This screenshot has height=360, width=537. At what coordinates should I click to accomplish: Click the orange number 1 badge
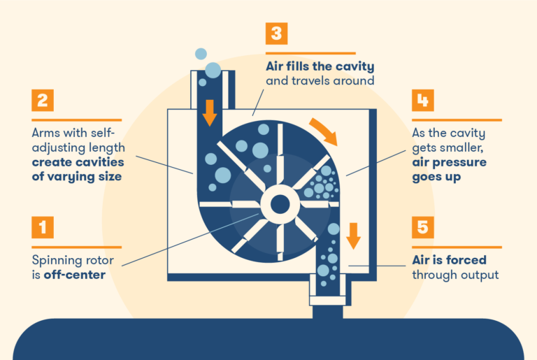pos(42,228)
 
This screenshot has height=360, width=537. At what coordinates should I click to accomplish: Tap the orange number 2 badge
pos(42,101)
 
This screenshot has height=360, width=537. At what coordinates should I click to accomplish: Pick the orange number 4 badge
pos(422,101)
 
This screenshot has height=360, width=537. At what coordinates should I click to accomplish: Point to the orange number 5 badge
pos(422,228)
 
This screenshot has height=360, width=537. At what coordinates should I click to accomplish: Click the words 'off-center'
pos(73,275)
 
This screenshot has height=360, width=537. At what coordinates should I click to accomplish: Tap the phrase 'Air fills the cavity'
pos(320,67)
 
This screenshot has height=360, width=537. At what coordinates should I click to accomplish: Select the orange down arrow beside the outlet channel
pos(354,236)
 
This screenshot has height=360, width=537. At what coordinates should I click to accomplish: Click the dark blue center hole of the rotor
pos(280,205)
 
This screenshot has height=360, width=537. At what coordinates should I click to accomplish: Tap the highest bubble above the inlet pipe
pos(201,53)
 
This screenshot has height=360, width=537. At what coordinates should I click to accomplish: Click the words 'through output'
pos(455,275)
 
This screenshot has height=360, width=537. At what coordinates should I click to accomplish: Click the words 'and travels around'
pos(320,81)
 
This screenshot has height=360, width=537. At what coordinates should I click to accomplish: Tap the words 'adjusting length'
pos(78,147)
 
